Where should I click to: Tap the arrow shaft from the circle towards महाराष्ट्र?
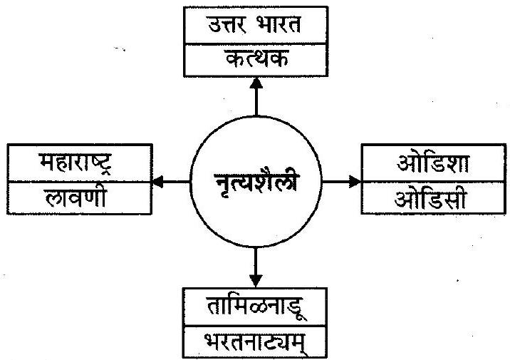pyautogui.click(x=178, y=182)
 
